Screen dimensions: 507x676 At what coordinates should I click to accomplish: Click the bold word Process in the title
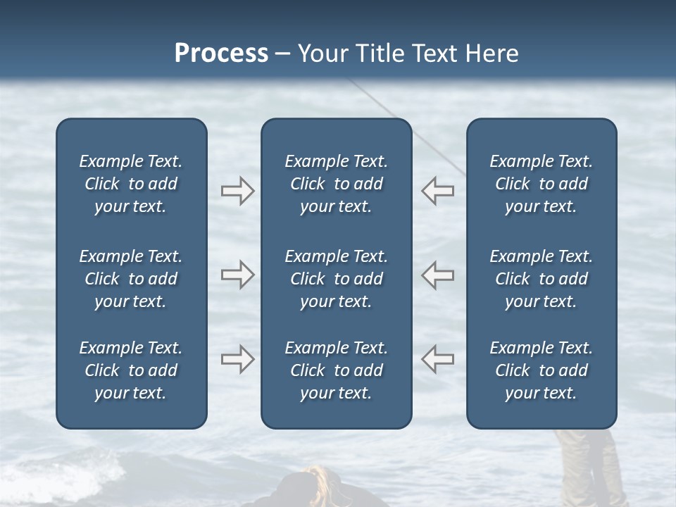pyautogui.click(x=221, y=54)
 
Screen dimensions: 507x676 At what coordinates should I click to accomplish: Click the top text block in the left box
pyautogui.click(x=131, y=184)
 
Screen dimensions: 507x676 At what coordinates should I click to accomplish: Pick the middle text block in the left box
pyautogui.click(x=131, y=279)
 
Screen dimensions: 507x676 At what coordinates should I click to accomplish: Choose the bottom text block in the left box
pyautogui.click(x=131, y=370)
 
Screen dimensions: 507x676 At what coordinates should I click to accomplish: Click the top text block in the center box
pyautogui.click(x=336, y=184)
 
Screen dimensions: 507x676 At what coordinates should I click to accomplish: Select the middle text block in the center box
pyautogui.click(x=336, y=279)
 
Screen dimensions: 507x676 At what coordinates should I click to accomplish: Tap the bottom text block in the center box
pyautogui.click(x=336, y=370)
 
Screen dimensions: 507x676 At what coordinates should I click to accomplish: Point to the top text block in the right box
pyautogui.click(x=541, y=184)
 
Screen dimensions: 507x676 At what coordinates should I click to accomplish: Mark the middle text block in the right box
pyautogui.click(x=541, y=279)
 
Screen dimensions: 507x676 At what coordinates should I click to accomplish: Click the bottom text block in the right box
pyautogui.click(x=541, y=370)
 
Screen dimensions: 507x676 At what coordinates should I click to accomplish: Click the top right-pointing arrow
pyautogui.click(x=238, y=191)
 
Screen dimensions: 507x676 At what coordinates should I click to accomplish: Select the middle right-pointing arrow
pyautogui.click(x=238, y=275)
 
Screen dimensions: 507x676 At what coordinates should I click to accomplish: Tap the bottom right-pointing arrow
pyautogui.click(x=238, y=359)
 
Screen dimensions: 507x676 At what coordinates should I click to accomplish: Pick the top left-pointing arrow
pyautogui.click(x=437, y=191)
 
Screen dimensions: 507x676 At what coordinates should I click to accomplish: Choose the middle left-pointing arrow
pyautogui.click(x=437, y=275)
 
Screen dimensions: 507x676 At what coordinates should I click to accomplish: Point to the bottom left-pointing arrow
pyautogui.click(x=437, y=359)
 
